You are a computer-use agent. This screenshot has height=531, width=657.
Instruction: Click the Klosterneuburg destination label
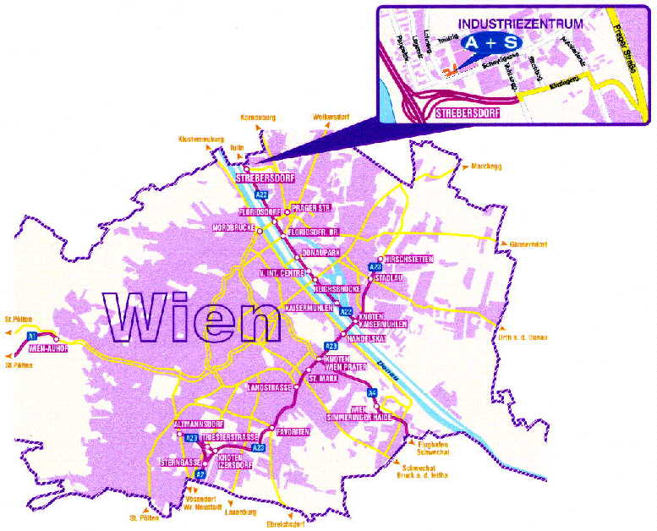(x=200, y=139)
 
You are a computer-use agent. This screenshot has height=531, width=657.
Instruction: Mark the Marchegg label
(x=485, y=166)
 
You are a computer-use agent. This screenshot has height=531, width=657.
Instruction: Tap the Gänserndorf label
(x=528, y=244)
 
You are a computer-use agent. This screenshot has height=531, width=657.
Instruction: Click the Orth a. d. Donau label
(x=525, y=338)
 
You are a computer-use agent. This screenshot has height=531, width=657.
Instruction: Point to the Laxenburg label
(x=238, y=512)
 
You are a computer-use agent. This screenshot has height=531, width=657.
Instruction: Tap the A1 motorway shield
(x=32, y=336)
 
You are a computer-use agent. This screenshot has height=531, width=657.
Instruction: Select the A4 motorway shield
(x=373, y=392)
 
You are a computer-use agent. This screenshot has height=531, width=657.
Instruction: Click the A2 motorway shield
(x=200, y=474)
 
